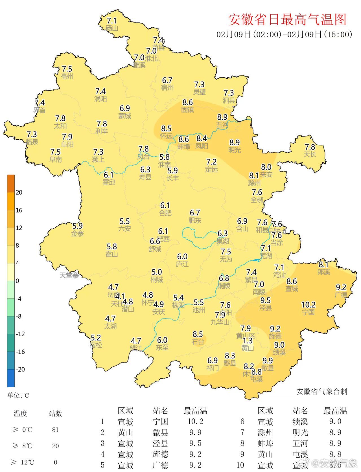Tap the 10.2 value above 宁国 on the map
click(308, 305)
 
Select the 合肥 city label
click(165, 213)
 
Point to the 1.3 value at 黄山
click(248, 341)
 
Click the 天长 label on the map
click(310, 154)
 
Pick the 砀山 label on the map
click(112, 28)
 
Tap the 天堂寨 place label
click(69, 275)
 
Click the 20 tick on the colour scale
click(19, 192)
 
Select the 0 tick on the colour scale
click(17, 281)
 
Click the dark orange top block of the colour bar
click(11, 183)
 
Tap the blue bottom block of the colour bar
click(11, 378)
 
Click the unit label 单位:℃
click(18, 395)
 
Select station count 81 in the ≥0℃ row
click(55, 430)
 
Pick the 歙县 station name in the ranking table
click(160, 433)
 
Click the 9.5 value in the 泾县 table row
click(195, 443)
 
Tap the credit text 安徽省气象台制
click(322, 391)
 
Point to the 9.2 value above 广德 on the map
click(341, 287)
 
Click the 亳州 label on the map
click(67, 76)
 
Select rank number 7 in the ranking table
click(242, 433)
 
